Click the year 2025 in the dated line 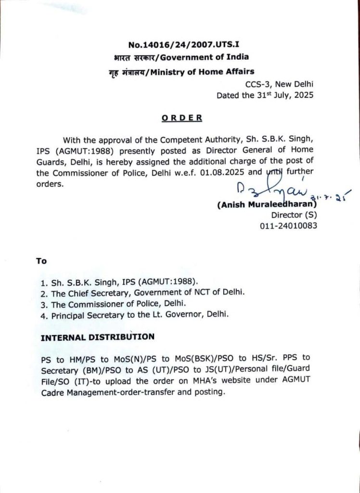303,95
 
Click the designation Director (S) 294,215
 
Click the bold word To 41,261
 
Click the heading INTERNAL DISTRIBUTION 98,337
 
